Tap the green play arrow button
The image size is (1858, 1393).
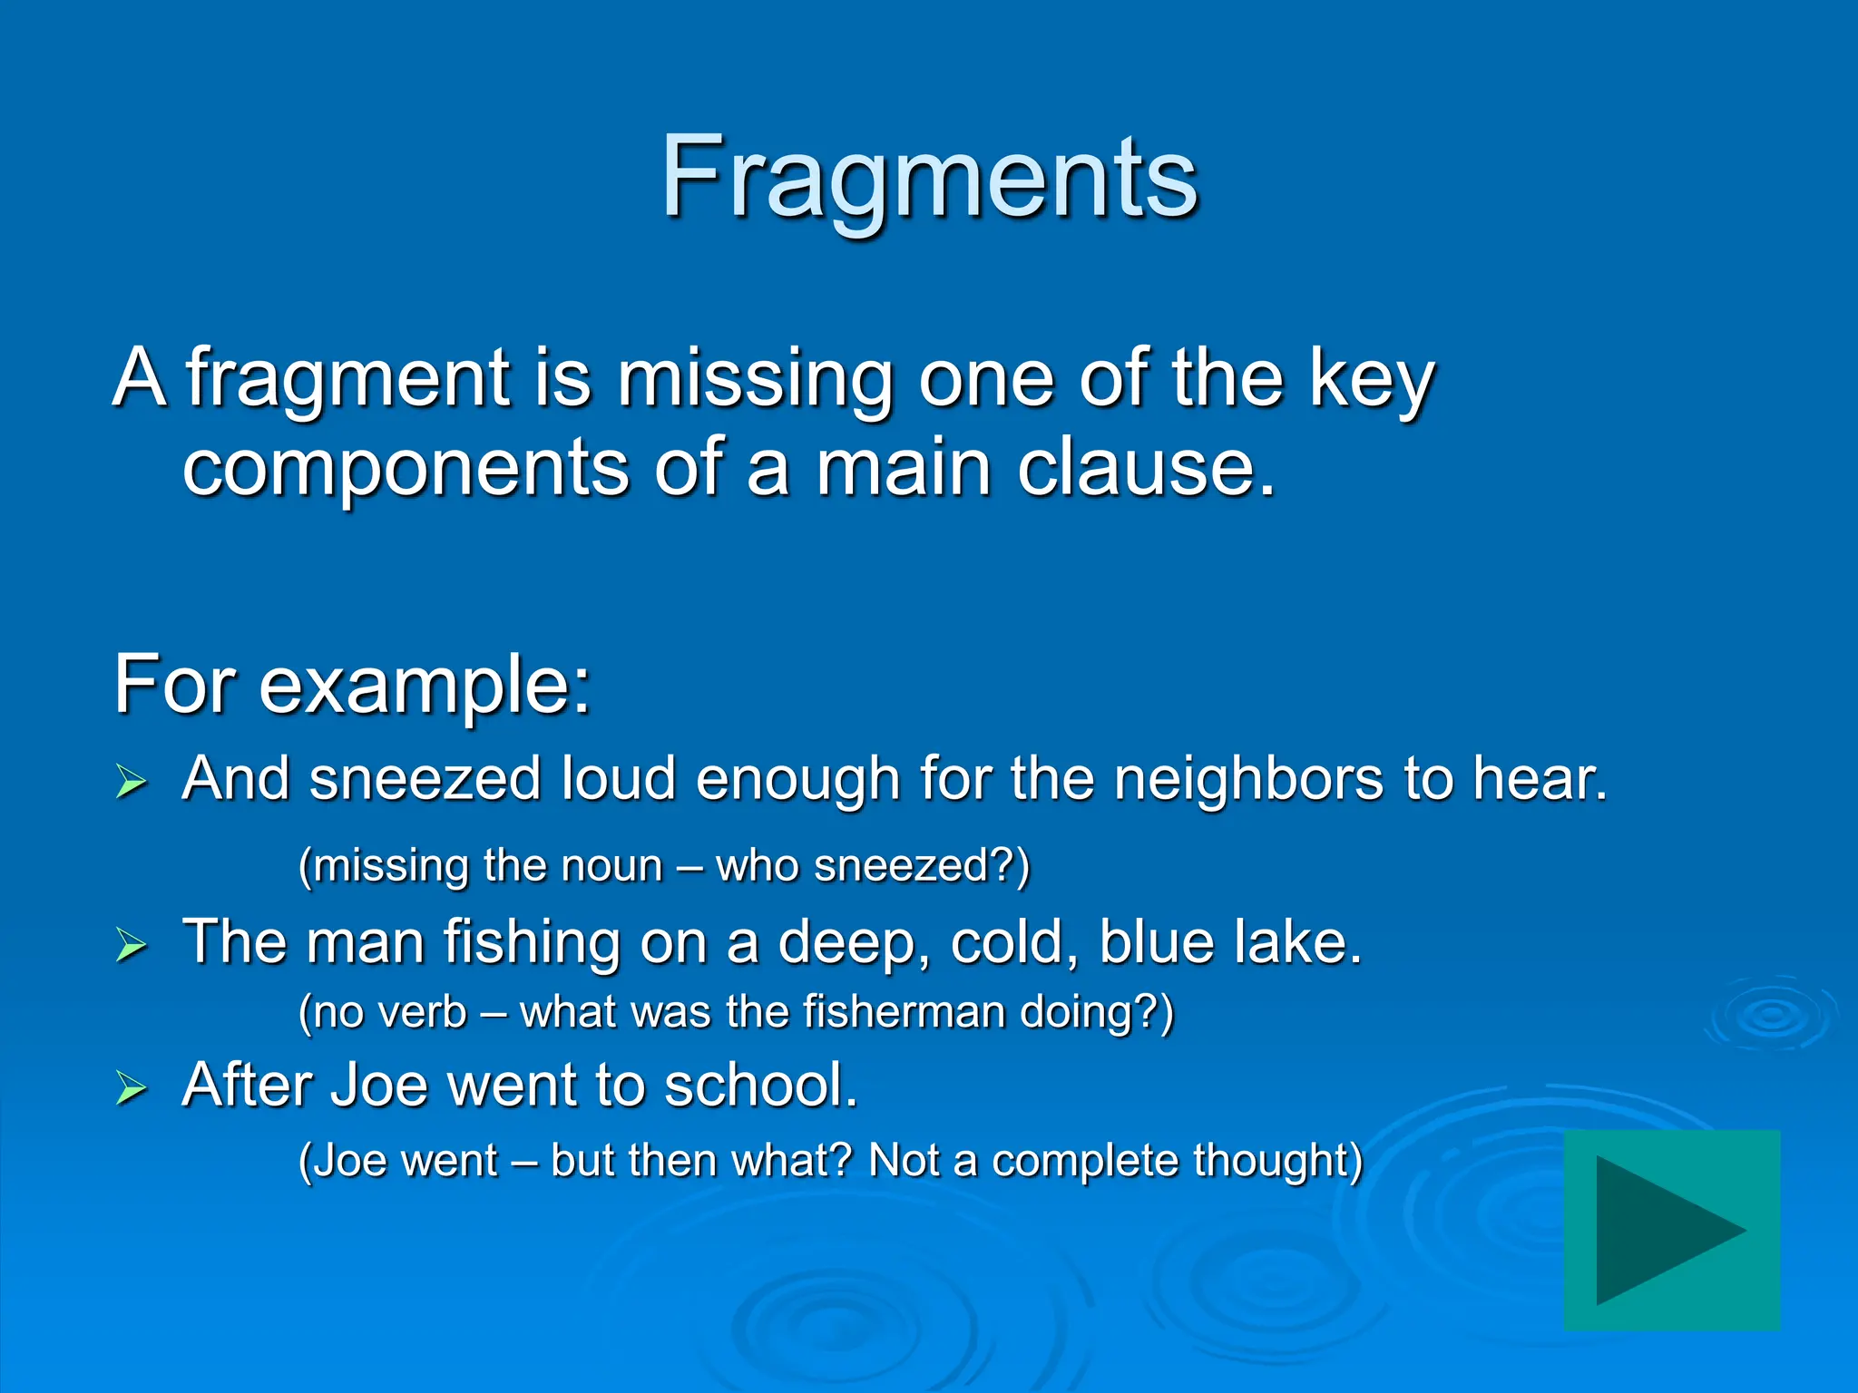pyautogui.click(x=1671, y=1230)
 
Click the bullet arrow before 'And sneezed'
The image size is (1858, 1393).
pyautogui.click(x=131, y=781)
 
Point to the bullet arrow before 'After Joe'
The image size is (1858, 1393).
pyautogui.click(x=131, y=1087)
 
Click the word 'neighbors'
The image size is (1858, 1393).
pyautogui.click(x=1248, y=779)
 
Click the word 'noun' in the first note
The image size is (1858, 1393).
pyautogui.click(x=612, y=866)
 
